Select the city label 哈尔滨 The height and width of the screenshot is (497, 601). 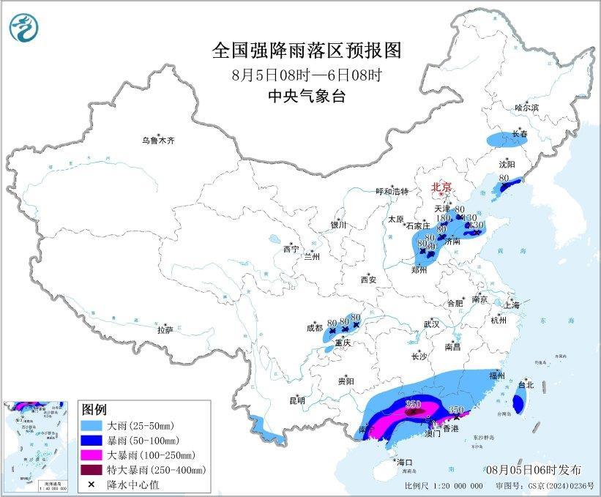(x=526, y=108)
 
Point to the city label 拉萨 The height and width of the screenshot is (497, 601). (x=165, y=330)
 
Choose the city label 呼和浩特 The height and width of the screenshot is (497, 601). (x=393, y=191)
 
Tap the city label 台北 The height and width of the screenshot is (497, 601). (x=526, y=384)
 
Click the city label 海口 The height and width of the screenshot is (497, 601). (x=404, y=463)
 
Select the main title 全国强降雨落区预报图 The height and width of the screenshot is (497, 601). (x=307, y=51)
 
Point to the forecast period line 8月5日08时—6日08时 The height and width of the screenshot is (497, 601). (x=307, y=75)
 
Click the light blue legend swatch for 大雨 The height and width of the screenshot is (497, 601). (x=93, y=425)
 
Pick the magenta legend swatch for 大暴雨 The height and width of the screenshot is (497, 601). (x=93, y=455)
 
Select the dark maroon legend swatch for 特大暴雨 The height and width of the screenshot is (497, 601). (x=93, y=469)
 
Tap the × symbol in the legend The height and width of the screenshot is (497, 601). (x=93, y=484)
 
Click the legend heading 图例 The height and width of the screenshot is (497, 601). (x=94, y=408)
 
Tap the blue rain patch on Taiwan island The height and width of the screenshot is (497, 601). (x=519, y=402)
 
